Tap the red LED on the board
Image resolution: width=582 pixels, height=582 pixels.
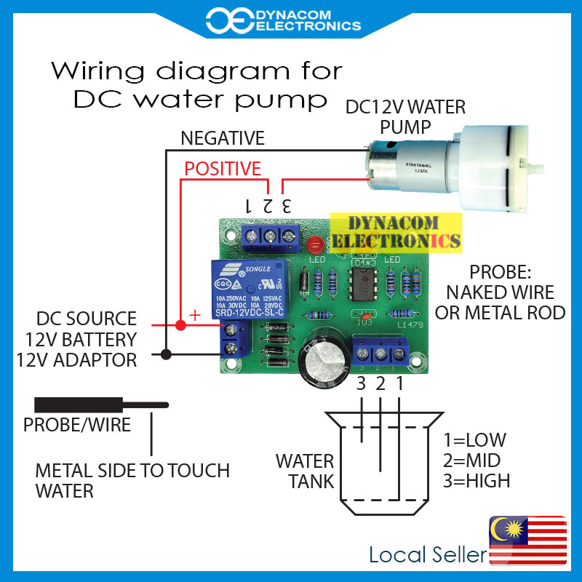coord(315,244)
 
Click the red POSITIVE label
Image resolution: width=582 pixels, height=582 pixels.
coord(222,169)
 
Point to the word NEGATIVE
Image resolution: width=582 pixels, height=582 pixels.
coord(223,137)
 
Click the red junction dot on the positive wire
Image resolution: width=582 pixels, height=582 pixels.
coord(180,324)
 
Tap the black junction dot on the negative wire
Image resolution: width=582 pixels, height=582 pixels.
coord(167,355)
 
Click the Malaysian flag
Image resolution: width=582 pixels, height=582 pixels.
coord(527,539)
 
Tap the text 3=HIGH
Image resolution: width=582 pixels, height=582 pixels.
coord(477,481)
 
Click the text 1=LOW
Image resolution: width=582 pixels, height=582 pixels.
coord(474,441)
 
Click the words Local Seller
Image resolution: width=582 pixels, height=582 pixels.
coord(428,555)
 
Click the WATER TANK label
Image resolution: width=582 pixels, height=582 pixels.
coord(305,471)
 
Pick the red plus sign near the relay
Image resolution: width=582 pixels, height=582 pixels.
coord(194,314)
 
